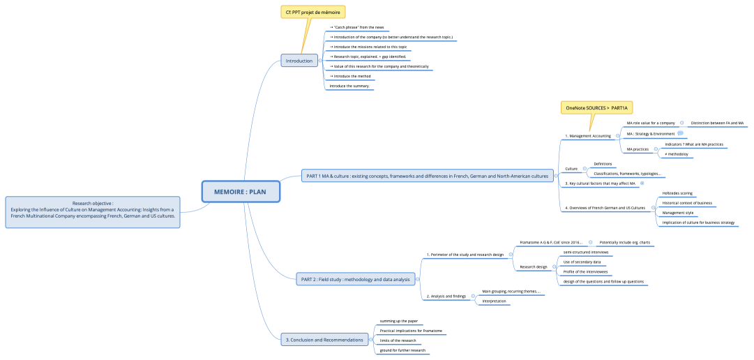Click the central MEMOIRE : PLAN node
pyautogui.click(x=241, y=191)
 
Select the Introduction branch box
pyautogui.click(x=299, y=61)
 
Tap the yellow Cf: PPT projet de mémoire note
pyautogui.click(x=313, y=12)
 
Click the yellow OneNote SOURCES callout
pyautogui.click(x=597, y=107)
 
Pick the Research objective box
pyautogui.click(x=93, y=211)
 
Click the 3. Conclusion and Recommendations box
pyautogui.click(x=324, y=340)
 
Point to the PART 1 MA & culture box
pyautogui.click(x=427, y=176)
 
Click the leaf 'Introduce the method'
pyautogui.click(x=352, y=76)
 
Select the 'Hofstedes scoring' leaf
pyautogui.click(x=677, y=193)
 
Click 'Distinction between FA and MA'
pyautogui.click(x=717, y=123)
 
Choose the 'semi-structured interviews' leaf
pyautogui.click(x=585, y=252)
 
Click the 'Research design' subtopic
pyautogui.click(x=534, y=267)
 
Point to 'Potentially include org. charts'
pyautogui.click(x=624, y=242)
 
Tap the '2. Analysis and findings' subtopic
pyautogui.click(x=446, y=296)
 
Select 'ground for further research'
pyautogui.click(x=403, y=350)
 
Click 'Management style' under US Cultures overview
pyautogui.click(x=677, y=213)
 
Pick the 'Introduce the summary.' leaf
pyautogui.click(x=349, y=86)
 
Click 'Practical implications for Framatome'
pyautogui.click(x=411, y=330)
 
